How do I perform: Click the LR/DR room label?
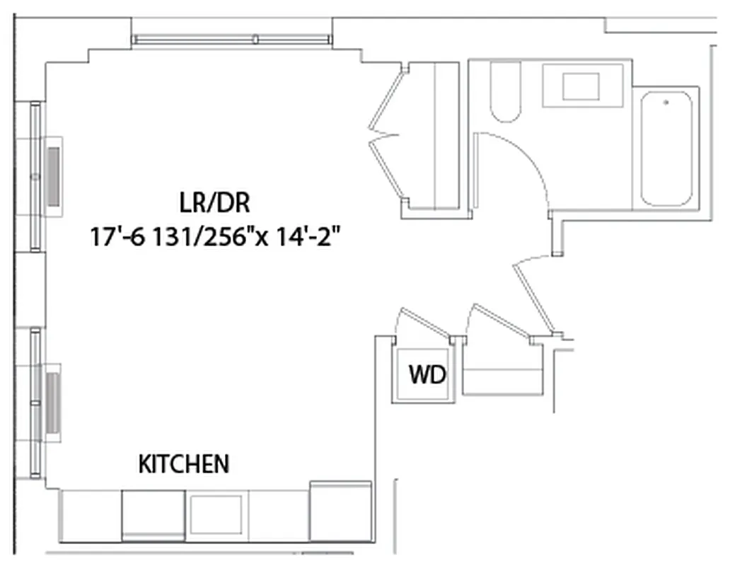coord(214,204)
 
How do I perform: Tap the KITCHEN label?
coord(184,464)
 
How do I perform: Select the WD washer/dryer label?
coord(428,375)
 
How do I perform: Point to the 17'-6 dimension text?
coord(115,236)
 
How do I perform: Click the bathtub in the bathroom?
coord(666,149)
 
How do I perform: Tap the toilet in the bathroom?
coord(505,92)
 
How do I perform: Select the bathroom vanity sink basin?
coord(581,86)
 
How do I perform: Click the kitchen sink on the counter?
coord(217,514)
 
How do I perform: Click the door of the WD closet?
coord(424,322)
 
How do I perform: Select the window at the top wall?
coord(232,40)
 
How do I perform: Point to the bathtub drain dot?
coord(666,103)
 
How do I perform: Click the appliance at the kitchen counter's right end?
coord(341,511)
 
